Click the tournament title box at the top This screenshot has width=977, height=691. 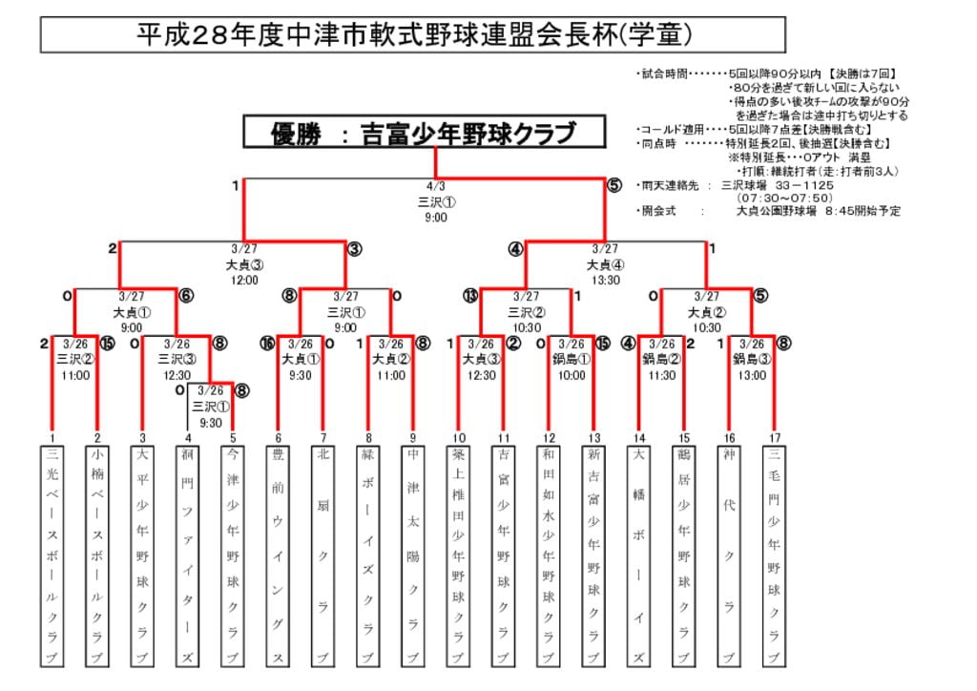tap(412, 35)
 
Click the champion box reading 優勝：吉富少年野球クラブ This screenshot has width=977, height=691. tap(425, 133)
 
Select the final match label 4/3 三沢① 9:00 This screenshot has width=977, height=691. tap(436, 201)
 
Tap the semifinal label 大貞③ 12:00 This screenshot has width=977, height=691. tap(244, 264)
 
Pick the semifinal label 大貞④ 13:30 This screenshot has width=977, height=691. tap(605, 264)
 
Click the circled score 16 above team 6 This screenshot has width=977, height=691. tap(266, 343)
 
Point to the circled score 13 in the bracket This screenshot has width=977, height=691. tap(469, 296)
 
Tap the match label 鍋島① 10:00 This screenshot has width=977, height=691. tap(571, 360)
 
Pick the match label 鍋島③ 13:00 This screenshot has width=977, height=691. tap(751, 360)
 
